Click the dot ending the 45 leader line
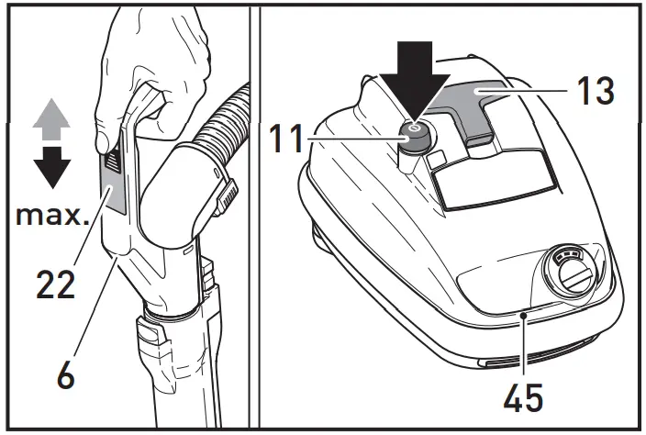(523, 315)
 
